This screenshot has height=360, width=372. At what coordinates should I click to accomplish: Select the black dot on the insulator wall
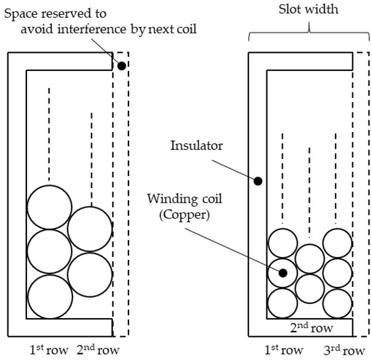coord(258,181)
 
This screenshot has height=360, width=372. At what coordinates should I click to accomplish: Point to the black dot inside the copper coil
coord(283,273)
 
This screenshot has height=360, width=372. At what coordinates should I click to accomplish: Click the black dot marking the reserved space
coord(120,66)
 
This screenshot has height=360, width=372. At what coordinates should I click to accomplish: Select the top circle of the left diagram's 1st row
coord(49,207)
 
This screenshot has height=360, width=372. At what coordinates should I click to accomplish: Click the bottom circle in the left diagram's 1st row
coord(49,296)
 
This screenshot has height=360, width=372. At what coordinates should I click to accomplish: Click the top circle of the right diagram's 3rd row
coord(338,243)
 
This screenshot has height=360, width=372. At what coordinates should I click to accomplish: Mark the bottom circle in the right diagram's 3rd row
coord(338,302)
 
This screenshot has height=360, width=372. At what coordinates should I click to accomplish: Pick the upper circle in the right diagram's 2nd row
coord(310,258)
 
